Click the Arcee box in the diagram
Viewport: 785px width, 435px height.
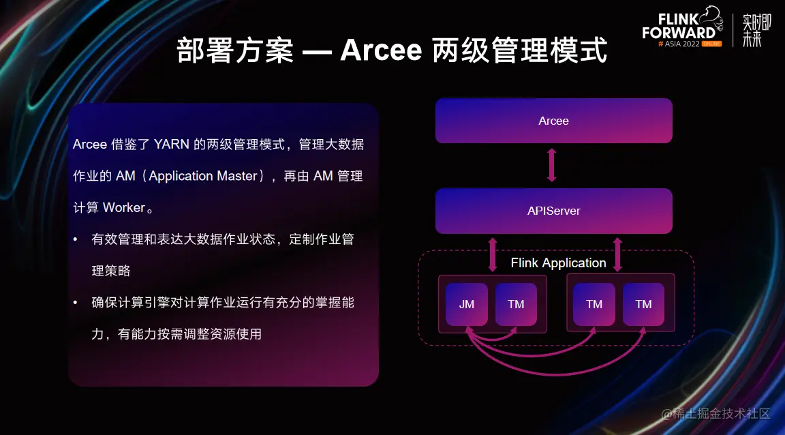coord(553,121)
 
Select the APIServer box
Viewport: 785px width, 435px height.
coord(553,211)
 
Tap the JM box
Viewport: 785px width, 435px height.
coord(467,304)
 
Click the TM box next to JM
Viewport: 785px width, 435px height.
coord(516,304)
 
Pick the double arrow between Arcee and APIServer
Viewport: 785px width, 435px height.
coord(552,165)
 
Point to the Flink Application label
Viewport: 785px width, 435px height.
coord(558,263)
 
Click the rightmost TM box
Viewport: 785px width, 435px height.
coord(643,304)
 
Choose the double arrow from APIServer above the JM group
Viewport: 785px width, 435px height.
coord(492,254)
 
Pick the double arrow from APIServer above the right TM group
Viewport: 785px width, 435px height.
coord(617,254)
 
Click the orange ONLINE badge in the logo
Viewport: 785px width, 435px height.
coord(711,43)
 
